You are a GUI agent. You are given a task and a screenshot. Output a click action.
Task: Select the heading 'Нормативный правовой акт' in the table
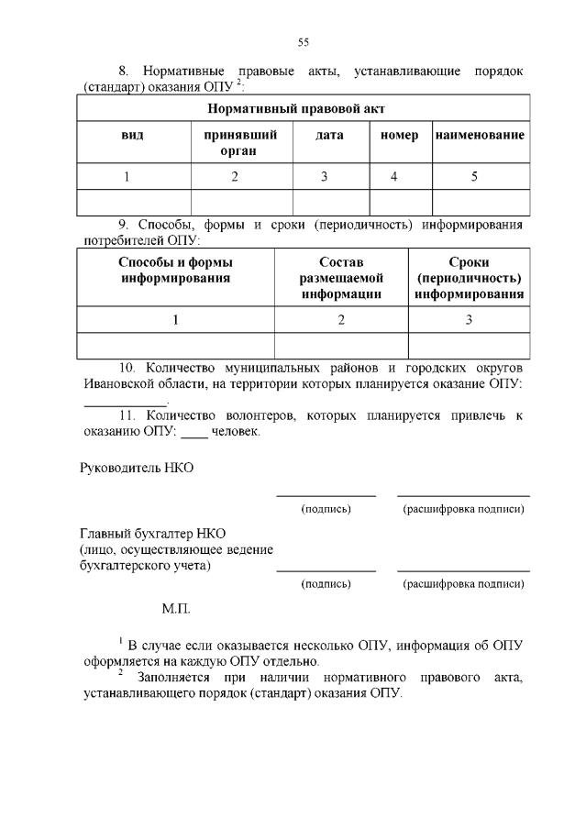click(x=304, y=108)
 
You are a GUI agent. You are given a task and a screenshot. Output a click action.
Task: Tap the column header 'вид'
click(x=133, y=135)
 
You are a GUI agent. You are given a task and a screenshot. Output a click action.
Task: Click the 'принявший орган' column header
click(x=241, y=142)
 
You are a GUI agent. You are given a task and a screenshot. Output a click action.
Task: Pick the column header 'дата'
click(x=330, y=135)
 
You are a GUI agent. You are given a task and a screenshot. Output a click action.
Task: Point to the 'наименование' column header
click(x=480, y=135)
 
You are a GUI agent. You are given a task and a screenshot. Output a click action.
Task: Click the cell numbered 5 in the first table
click(x=474, y=177)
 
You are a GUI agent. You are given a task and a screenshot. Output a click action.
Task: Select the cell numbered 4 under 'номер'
click(x=393, y=177)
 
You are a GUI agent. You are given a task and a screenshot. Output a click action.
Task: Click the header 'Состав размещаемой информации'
click(x=341, y=278)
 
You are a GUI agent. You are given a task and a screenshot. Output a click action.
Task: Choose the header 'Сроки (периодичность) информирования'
click(x=469, y=278)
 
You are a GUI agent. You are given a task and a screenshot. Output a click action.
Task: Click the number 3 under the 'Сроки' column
click(x=469, y=319)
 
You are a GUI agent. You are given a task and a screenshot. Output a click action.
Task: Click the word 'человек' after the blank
click(x=236, y=431)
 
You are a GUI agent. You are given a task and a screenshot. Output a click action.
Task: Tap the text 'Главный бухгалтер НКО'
click(x=152, y=533)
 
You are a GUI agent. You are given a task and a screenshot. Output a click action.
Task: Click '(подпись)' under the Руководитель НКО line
click(x=326, y=509)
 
